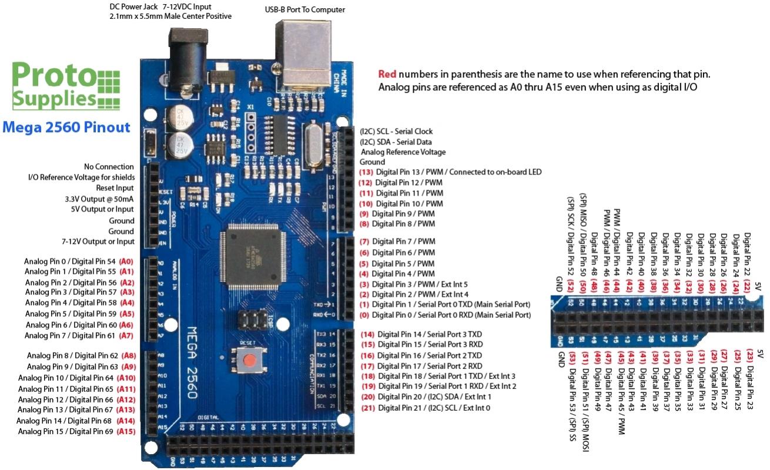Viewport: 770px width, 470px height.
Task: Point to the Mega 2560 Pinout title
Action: tap(66, 126)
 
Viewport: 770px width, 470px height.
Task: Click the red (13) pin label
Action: tap(366, 172)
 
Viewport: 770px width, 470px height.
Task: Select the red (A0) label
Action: tap(126, 261)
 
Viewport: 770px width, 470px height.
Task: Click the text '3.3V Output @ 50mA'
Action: tap(99, 199)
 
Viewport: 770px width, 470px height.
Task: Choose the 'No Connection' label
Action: tap(109, 167)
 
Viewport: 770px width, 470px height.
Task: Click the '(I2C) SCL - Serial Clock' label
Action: tap(396, 132)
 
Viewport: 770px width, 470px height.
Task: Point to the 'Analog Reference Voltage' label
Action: tap(403, 152)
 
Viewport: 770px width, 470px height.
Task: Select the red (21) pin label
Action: tap(367, 408)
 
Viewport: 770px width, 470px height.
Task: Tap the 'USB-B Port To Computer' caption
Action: tap(305, 10)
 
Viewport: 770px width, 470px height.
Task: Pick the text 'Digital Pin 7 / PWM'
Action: tap(403, 241)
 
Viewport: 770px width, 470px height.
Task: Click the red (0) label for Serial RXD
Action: tap(365, 315)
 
